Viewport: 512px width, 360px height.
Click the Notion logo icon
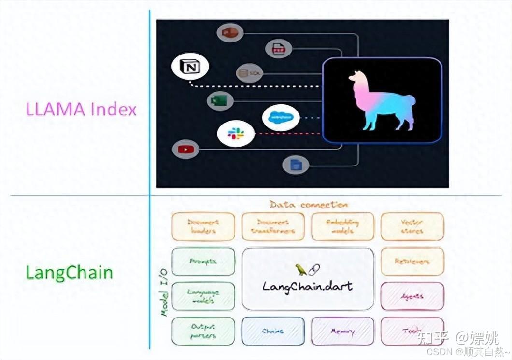pos(190,67)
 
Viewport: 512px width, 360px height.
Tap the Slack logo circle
pos(235,133)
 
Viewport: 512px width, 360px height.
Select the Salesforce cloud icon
pos(281,117)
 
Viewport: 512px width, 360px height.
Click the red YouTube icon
pos(185,149)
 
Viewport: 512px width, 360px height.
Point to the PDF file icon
pos(279,49)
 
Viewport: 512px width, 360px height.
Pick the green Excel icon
pos(220,101)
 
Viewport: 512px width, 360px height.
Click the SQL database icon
pos(249,73)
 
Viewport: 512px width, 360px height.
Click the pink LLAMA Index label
pos(81,110)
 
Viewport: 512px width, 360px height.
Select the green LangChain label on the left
pos(69,273)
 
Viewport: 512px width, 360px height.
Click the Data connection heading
pos(308,205)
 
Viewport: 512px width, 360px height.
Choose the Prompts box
pos(203,262)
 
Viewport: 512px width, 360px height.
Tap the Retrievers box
pos(412,262)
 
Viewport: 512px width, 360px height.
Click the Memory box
pos(342,332)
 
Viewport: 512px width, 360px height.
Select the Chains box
pos(273,332)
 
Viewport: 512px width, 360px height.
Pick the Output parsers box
pos(203,332)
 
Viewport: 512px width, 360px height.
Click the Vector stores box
pos(412,226)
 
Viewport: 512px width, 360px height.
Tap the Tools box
pos(412,332)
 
